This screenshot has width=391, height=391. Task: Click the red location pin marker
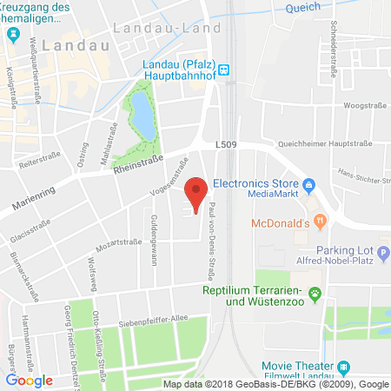pos(196,192)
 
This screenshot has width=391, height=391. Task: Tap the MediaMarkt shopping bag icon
pos(308,184)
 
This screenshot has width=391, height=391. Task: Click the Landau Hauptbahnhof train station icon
pos(223,70)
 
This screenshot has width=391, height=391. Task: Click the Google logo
pos(30,380)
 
